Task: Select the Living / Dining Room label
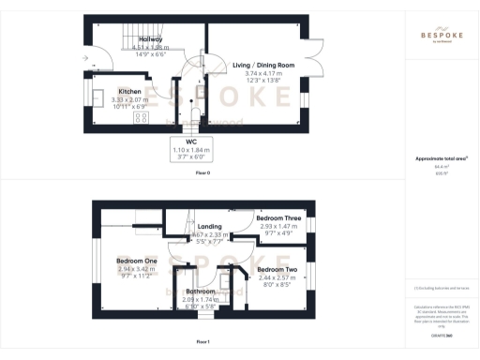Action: (x=263, y=65)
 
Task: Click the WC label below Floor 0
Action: (x=203, y=142)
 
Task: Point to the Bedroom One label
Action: (x=136, y=261)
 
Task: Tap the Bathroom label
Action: (x=201, y=291)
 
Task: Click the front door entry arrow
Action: (x=86, y=58)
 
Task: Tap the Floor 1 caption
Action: (x=202, y=342)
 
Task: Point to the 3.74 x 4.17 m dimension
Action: (x=262, y=73)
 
